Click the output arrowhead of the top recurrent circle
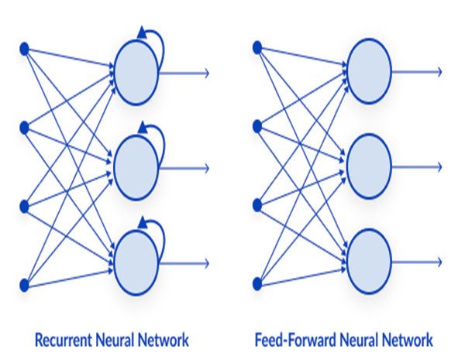[x=206, y=73]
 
